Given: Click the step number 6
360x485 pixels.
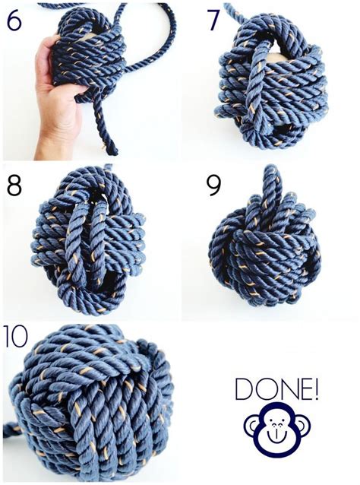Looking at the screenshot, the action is [x=14, y=21].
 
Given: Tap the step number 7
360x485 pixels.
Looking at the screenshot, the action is [x=214, y=21].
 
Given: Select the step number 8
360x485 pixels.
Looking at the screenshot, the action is [x=14, y=185].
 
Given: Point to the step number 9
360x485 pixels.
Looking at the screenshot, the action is [x=214, y=186].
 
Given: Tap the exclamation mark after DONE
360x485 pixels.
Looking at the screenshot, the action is [x=315, y=388].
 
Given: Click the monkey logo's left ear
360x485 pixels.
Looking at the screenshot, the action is [x=251, y=426].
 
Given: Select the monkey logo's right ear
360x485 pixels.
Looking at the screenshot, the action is [x=303, y=426].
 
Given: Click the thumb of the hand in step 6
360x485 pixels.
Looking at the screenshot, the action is [x=49, y=46].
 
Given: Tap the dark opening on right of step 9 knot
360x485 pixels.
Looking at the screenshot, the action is [x=313, y=262].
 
